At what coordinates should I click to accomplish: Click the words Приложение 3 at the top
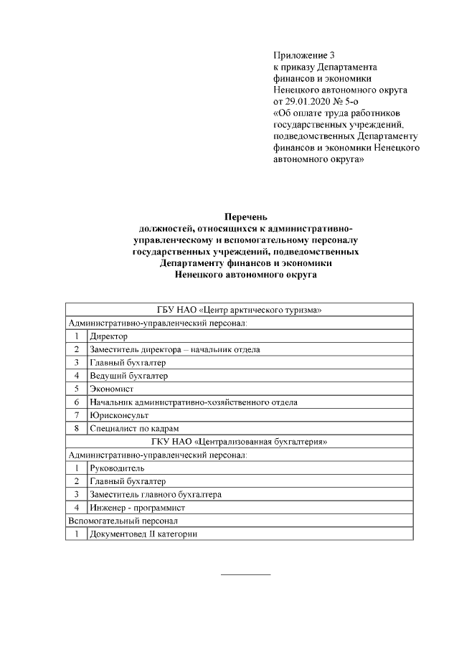click(x=304, y=55)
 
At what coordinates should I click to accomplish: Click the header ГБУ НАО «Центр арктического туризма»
click(x=239, y=310)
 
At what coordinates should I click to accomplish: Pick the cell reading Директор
click(x=108, y=336)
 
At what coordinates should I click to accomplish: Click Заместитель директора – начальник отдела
click(x=174, y=349)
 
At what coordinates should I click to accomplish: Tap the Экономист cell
click(x=111, y=389)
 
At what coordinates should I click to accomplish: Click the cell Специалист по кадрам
click(x=129, y=429)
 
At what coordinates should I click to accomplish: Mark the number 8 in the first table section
click(x=76, y=429)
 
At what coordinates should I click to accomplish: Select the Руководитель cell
click(x=117, y=468)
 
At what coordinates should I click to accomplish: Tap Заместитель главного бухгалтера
click(x=155, y=495)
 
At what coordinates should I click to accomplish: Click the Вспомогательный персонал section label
click(x=122, y=521)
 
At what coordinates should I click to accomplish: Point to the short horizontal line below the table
click(x=245, y=574)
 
